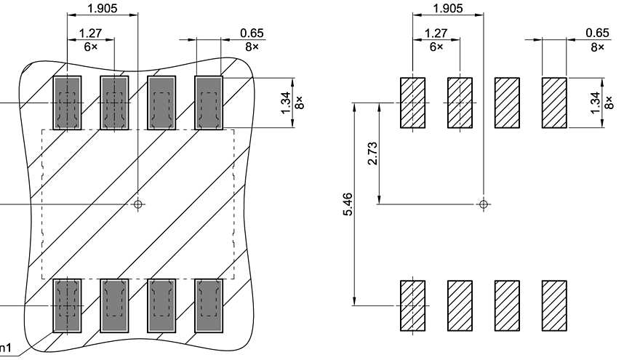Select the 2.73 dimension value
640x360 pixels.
pyautogui.click(x=372, y=153)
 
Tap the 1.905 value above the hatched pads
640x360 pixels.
pyautogui.click(x=447, y=8)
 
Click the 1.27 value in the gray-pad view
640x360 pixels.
pyautogui.click(x=89, y=33)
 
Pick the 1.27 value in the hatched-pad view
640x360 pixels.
pyautogui.click(x=435, y=33)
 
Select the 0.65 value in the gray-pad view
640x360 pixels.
pyautogui.click(x=252, y=33)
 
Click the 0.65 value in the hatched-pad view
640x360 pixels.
pyautogui.click(x=597, y=33)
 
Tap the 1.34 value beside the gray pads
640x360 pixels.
pyautogui.click(x=286, y=101)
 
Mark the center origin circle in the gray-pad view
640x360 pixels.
pyautogui.click(x=138, y=204)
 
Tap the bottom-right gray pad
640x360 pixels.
pyautogui.click(x=209, y=305)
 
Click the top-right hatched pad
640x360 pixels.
pyautogui.click(x=554, y=102)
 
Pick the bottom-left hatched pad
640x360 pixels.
pyautogui.click(x=412, y=305)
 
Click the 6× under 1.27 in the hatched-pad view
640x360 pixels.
pyautogui.click(x=435, y=46)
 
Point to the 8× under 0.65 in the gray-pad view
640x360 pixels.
pyautogui.click(x=252, y=46)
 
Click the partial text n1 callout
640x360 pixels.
pyautogui.click(x=5, y=347)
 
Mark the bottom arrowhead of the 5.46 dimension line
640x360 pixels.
pyautogui.click(x=353, y=300)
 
